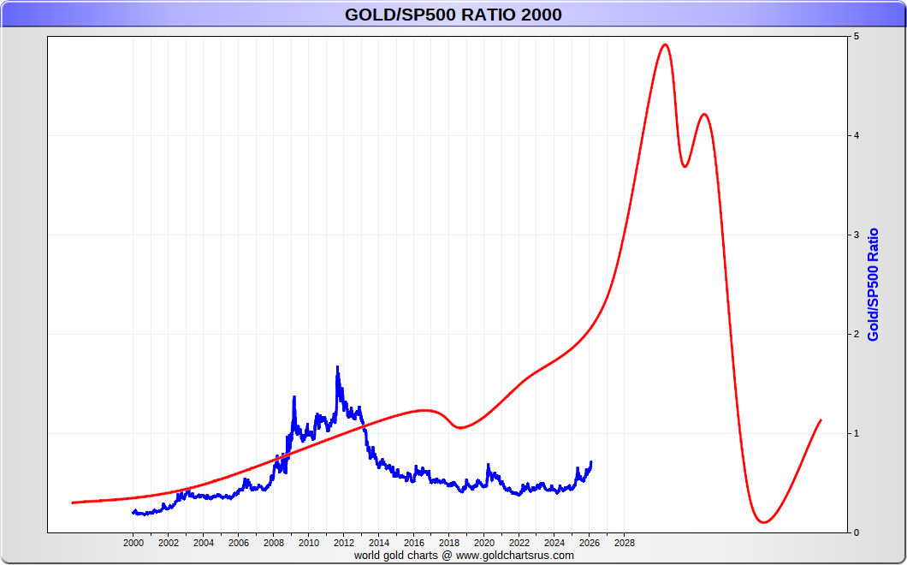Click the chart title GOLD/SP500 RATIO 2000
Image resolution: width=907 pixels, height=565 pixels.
[x=453, y=15]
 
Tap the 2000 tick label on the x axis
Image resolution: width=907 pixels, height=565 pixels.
[x=133, y=543]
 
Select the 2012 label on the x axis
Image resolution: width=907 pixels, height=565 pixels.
[x=344, y=543]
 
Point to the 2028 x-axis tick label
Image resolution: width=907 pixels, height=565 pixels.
[x=625, y=543]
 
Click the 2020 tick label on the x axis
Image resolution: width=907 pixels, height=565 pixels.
[x=484, y=543]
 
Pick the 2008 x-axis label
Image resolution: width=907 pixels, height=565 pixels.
[x=274, y=543]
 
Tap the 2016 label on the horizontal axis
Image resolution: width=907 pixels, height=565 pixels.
[x=414, y=543]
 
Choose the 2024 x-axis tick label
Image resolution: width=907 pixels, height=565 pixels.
[x=554, y=543]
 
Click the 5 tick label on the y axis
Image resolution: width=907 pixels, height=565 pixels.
[x=855, y=37]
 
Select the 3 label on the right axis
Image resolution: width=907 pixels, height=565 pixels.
[x=855, y=235]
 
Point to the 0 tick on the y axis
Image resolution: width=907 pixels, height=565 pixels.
[x=855, y=532]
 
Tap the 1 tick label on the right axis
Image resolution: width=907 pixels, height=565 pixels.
[x=855, y=434]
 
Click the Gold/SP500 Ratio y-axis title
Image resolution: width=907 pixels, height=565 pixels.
[x=874, y=284]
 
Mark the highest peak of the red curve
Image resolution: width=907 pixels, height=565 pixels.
[x=665, y=45]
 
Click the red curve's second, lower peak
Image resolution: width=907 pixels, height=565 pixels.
[x=703, y=114]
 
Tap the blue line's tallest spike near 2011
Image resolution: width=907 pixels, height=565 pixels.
[x=337, y=367]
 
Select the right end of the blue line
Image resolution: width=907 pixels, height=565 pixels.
[x=590, y=462]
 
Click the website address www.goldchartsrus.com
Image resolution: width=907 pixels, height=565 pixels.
[x=514, y=556]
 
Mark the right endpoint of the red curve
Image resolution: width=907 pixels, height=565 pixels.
[x=821, y=420]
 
